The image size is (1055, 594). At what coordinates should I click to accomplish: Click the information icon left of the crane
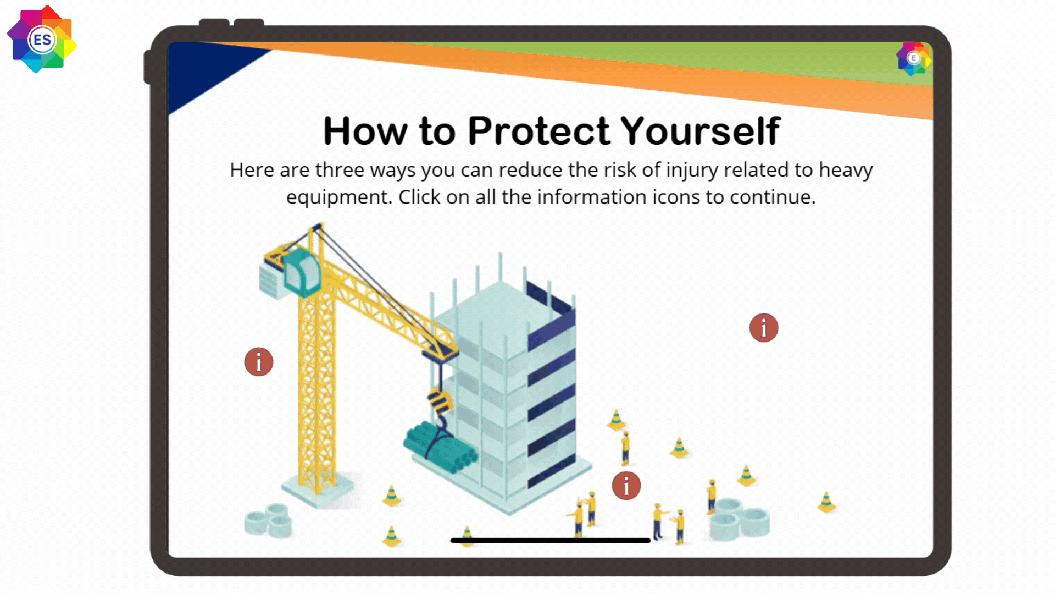point(259,362)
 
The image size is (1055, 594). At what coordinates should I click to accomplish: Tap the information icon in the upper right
point(764,328)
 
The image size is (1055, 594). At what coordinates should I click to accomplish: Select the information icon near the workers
point(626,486)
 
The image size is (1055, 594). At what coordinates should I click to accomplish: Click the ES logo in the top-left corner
point(42,40)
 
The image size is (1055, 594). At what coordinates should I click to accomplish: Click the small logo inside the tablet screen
point(914,58)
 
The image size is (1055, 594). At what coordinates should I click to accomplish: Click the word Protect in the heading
point(538,131)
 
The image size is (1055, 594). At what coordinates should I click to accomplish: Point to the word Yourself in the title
point(701,131)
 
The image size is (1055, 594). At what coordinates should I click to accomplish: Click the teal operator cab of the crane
point(302,272)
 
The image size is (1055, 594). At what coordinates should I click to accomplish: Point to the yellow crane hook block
point(441,401)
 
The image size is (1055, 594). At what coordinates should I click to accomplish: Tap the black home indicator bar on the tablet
point(551,541)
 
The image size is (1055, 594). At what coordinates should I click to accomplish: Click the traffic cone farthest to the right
point(826,502)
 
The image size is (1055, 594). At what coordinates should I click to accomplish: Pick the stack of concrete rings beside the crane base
point(269,520)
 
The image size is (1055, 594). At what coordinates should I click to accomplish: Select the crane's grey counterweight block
point(271,280)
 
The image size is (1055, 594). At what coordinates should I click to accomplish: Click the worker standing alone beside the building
point(625,448)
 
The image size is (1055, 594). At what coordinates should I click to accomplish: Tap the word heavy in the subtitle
point(846,170)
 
